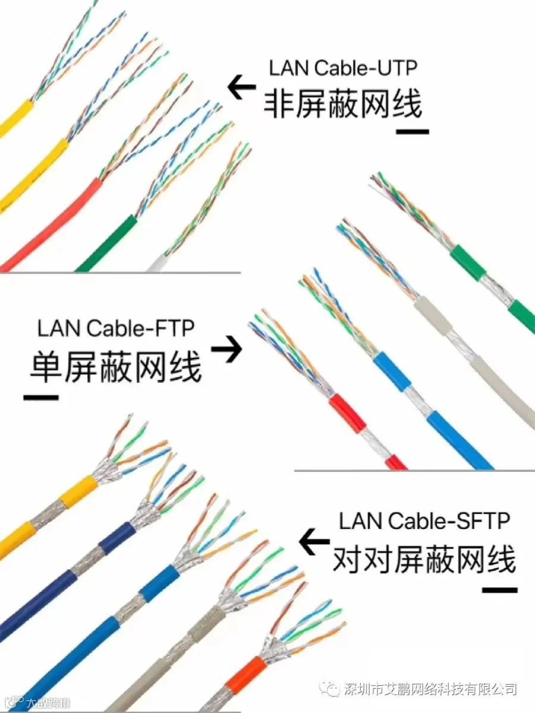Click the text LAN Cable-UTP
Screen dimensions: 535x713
pyautogui.click(x=343, y=68)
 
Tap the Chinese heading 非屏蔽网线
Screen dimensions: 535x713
pyautogui.click(x=343, y=105)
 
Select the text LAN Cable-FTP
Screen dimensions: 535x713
pyautogui.click(x=116, y=328)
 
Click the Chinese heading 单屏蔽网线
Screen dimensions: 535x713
pyautogui.click(x=116, y=366)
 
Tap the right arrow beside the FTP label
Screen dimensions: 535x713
pyautogui.click(x=226, y=349)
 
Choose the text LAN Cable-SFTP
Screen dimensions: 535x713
pyautogui.click(x=424, y=520)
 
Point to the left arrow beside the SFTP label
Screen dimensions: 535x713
pyautogui.click(x=314, y=541)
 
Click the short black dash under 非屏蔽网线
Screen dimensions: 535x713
pyautogui.click(x=413, y=132)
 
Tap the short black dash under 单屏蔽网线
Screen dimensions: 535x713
pyautogui.click(x=41, y=397)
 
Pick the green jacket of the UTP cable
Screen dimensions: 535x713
pyautogui.click(x=107, y=243)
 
